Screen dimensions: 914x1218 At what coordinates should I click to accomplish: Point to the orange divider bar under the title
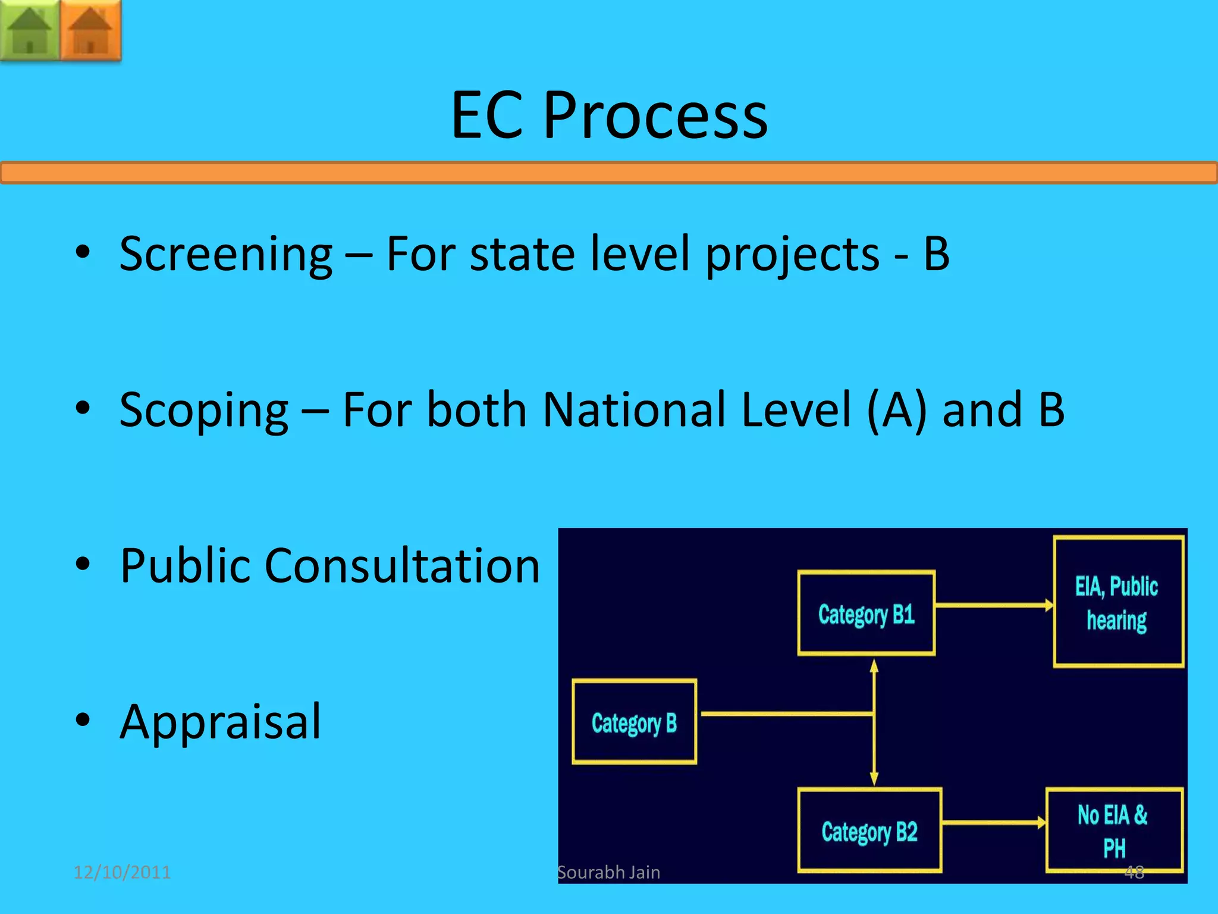tap(609, 173)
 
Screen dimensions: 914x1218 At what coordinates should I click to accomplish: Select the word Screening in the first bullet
tap(225, 254)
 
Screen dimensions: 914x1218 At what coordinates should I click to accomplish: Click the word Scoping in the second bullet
tap(204, 410)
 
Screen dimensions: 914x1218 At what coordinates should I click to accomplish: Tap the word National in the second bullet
tap(637, 410)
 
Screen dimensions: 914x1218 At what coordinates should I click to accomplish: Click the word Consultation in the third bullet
tap(402, 566)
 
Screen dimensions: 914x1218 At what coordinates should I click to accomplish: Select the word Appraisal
tap(220, 722)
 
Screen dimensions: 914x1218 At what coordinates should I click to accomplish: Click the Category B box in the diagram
tap(634, 722)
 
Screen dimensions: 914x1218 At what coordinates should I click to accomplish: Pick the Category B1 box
tap(866, 613)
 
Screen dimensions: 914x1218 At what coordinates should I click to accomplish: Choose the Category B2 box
tap(869, 831)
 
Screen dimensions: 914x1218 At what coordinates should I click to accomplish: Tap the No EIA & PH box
tap(1113, 831)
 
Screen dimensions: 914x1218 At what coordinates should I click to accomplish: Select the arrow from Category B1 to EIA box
tap(993, 606)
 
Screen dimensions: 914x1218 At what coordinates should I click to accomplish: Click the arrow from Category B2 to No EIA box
tap(993, 823)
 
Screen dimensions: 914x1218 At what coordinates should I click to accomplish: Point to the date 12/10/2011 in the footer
tap(122, 872)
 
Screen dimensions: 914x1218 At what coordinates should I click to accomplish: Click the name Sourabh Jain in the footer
tap(608, 872)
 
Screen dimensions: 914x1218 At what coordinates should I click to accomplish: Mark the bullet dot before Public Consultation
tap(83, 564)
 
